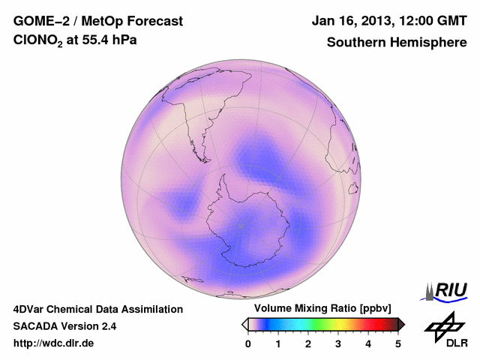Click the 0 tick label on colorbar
click(x=248, y=343)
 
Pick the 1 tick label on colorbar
click(x=278, y=343)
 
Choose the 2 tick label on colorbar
click(x=308, y=343)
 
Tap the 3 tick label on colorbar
click(x=338, y=343)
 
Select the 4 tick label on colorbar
click(x=368, y=343)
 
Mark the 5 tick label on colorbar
click(x=398, y=343)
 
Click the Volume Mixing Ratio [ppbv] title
click(x=319, y=309)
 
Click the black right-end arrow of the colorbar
click(x=401, y=324)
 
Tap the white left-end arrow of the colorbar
click(x=244, y=324)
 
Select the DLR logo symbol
click(x=442, y=325)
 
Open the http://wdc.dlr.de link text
click(x=54, y=343)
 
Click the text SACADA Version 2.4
click(x=64, y=326)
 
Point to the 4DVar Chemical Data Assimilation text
click(x=98, y=309)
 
